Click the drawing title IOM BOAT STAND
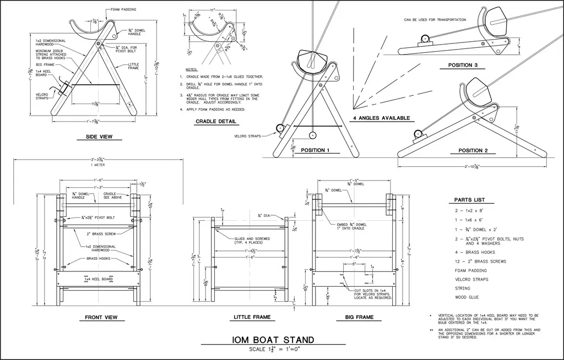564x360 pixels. [x=273, y=339]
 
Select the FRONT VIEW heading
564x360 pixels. [x=101, y=317]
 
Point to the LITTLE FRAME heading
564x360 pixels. [x=252, y=317]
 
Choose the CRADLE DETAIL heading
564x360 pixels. [x=216, y=122]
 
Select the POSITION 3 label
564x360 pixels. [x=463, y=65]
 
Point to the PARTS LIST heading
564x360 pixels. [x=470, y=200]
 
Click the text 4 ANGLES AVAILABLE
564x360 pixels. [x=381, y=118]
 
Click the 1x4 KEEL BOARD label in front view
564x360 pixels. [x=99, y=279]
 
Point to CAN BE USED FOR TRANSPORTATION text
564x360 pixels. [x=435, y=20]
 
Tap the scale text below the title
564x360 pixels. [x=274, y=350]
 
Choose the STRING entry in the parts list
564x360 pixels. [x=463, y=288]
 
